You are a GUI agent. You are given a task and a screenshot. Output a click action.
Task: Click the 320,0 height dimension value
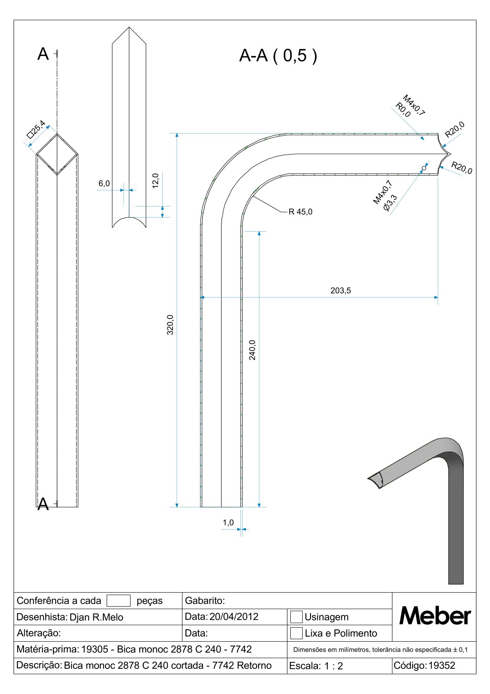coord(170,324)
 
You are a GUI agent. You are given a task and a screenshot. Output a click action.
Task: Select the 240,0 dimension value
coord(252,350)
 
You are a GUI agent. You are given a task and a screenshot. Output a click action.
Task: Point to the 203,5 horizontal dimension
coord(341,291)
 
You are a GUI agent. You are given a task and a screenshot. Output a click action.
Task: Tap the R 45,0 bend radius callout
coord(300,212)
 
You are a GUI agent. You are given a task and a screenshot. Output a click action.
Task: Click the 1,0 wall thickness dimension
coord(228,523)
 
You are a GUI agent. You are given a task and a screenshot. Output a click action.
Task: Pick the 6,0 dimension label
coord(104,183)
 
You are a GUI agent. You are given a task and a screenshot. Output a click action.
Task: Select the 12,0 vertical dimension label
coord(155,181)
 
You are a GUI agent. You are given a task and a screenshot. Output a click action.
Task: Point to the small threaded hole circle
coord(424,168)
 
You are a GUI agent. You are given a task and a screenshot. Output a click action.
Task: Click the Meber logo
coord(434,616)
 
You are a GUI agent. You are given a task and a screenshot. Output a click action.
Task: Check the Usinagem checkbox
coord(296,617)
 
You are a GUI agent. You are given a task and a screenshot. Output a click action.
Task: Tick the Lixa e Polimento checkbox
coord(296,633)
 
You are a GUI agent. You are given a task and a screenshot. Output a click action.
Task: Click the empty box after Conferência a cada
coord(119,600)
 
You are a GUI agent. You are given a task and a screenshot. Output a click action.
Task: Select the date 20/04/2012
coord(234,617)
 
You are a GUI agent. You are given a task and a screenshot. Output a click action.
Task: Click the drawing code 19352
coord(442,666)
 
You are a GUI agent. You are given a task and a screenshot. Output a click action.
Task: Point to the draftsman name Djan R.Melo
coord(96,617)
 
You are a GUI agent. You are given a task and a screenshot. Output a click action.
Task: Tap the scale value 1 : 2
coord(333,666)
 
